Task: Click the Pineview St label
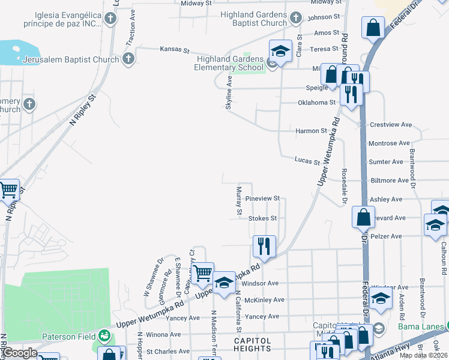coord(263,198)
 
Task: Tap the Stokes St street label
coord(262,218)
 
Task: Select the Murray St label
coord(238,200)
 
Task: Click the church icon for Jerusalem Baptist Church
coord(128,59)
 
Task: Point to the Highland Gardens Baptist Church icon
coord(295,19)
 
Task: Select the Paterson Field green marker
coord(104,335)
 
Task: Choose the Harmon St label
coord(311,130)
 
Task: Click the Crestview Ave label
coord(390,125)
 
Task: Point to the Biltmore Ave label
coord(390,180)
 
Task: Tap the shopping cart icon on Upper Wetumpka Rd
coord(203,273)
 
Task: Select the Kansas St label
coord(174,49)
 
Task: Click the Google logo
coord(20,353)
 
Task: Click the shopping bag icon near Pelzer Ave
coord(364,217)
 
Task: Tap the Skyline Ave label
coord(228,97)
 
